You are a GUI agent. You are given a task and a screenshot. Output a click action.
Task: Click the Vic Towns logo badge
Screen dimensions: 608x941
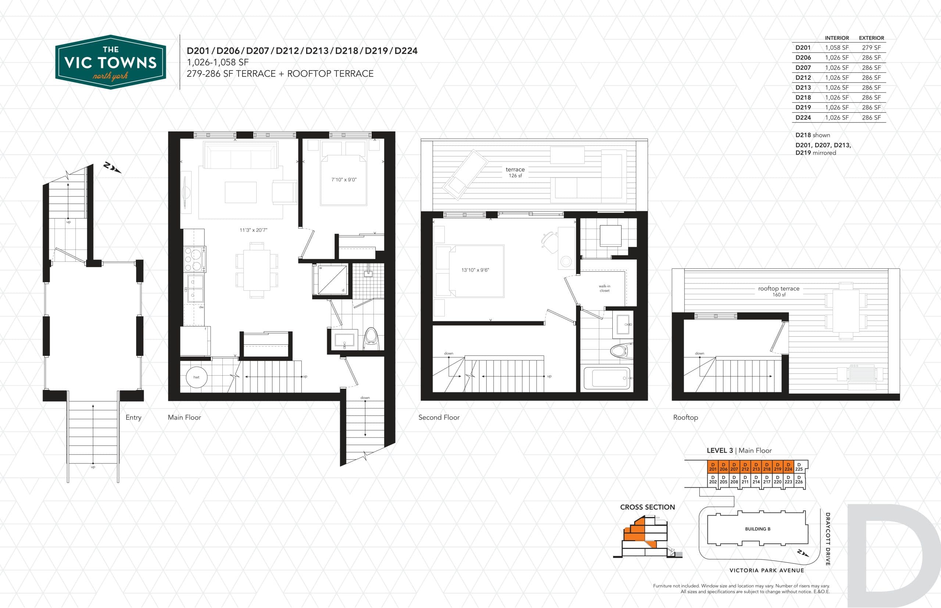pyautogui.click(x=110, y=62)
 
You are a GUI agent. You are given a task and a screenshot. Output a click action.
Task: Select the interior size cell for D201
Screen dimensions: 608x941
pyautogui.click(x=836, y=48)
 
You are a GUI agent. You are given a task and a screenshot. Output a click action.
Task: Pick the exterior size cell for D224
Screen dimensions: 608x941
pyautogui.click(x=871, y=117)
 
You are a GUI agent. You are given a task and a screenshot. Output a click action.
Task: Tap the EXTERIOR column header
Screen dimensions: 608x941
pyautogui.click(x=871, y=38)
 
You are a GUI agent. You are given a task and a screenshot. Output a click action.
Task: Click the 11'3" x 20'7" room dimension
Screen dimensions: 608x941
pyautogui.click(x=253, y=230)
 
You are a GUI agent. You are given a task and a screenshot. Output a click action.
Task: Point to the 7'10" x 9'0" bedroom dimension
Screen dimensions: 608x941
pyautogui.click(x=344, y=180)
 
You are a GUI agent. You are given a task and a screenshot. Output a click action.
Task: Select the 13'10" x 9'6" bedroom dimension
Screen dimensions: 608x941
pyautogui.click(x=475, y=270)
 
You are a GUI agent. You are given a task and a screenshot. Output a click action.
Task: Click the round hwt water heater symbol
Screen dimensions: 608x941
pyautogui.click(x=196, y=377)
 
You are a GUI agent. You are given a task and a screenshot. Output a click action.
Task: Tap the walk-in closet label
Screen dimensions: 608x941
pyautogui.click(x=604, y=288)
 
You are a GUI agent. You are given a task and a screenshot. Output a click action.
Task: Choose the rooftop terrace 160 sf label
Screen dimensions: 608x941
pyautogui.click(x=779, y=291)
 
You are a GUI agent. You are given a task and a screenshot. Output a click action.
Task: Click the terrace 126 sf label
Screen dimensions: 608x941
pyautogui.click(x=515, y=172)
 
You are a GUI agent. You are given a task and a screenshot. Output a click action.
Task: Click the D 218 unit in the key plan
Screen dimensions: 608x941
pyautogui.click(x=767, y=467)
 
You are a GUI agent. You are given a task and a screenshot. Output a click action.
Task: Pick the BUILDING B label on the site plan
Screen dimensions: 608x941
pyautogui.click(x=757, y=529)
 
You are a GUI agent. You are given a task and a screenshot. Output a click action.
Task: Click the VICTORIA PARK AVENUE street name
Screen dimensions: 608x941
pyautogui.click(x=766, y=571)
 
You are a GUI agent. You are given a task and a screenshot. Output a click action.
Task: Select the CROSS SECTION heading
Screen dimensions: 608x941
pyautogui.click(x=647, y=507)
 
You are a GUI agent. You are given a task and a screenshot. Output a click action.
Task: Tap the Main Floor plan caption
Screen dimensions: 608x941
pyautogui.click(x=184, y=417)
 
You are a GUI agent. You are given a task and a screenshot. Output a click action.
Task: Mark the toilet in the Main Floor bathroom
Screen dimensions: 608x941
pyautogui.click(x=371, y=339)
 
